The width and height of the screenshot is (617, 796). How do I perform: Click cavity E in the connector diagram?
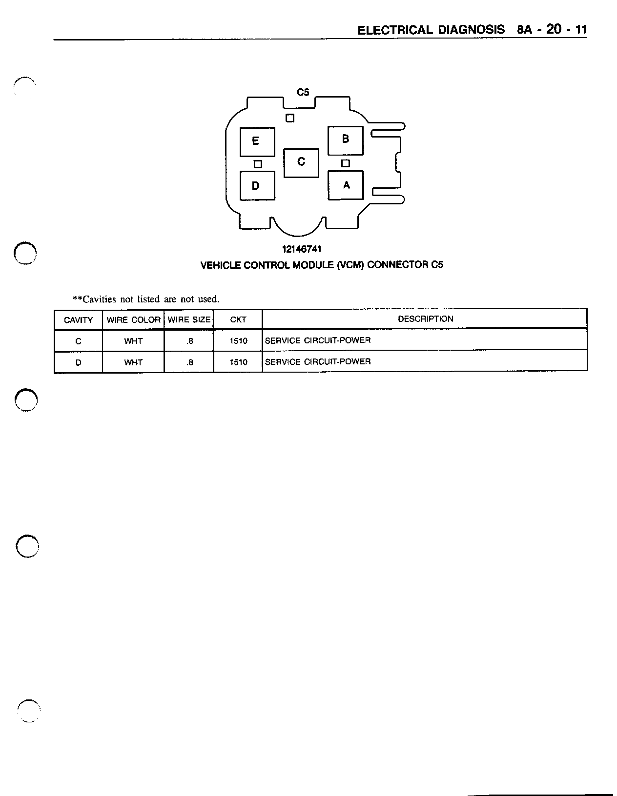pyautogui.click(x=257, y=141)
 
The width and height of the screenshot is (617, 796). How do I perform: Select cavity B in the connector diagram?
pyautogui.click(x=345, y=140)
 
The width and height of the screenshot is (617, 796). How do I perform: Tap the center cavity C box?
pyautogui.click(x=301, y=162)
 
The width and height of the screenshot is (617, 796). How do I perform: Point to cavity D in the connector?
pyautogui.click(x=257, y=185)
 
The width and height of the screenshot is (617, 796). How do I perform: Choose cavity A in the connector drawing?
pyautogui.click(x=346, y=185)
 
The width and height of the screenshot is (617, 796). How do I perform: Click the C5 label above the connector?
pyautogui.click(x=303, y=92)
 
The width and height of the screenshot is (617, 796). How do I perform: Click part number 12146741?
pyautogui.click(x=302, y=249)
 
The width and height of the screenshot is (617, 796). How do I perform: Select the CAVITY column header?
pyautogui.click(x=78, y=320)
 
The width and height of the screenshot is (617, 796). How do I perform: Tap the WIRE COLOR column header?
pyautogui.click(x=133, y=320)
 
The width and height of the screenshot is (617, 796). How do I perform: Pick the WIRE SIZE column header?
pyautogui.click(x=189, y=320)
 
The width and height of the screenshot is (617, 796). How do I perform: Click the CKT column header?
pyautogui.click(x=238, y=320)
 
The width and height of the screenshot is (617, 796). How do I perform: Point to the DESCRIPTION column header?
pyautogui.click(x=425, y=319)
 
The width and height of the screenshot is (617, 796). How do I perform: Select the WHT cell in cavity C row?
pyautogui.click(x=133, y=341)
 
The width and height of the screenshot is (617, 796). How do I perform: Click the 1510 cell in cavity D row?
pyautogui.click(x=239, y=362)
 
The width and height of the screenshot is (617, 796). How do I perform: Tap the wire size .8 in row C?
pyautogui.click(x=190, y=341)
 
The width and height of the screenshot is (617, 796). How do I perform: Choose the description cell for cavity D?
pyautogui.click(x=318, y=361)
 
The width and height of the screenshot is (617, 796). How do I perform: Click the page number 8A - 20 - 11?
pyautogui.click(x=552, y=30)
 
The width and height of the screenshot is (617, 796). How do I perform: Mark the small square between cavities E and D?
pyautogui.click(x=258, y=164)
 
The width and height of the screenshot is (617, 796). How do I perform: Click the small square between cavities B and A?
pyautogui.click(x=346, y=163)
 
